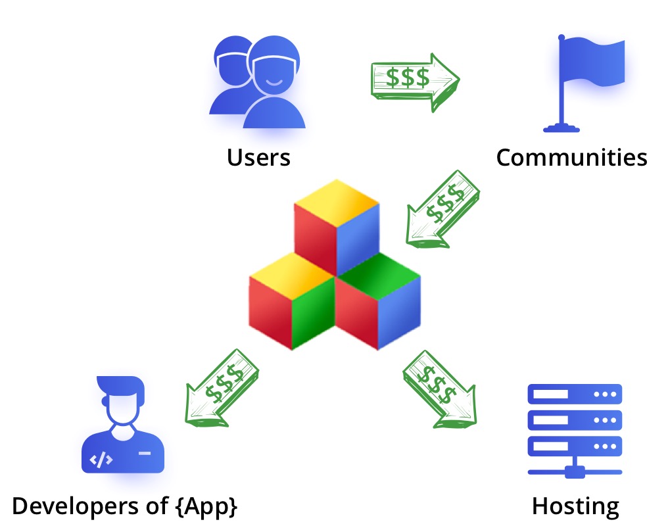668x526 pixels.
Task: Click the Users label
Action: (258, 158)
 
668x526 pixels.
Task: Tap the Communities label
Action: (571, 158)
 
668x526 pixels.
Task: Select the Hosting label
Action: (575, 506)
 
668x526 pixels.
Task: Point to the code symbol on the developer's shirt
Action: (101, 460)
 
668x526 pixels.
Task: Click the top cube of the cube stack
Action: (337, 227)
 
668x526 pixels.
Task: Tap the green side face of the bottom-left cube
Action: (314, 316)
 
